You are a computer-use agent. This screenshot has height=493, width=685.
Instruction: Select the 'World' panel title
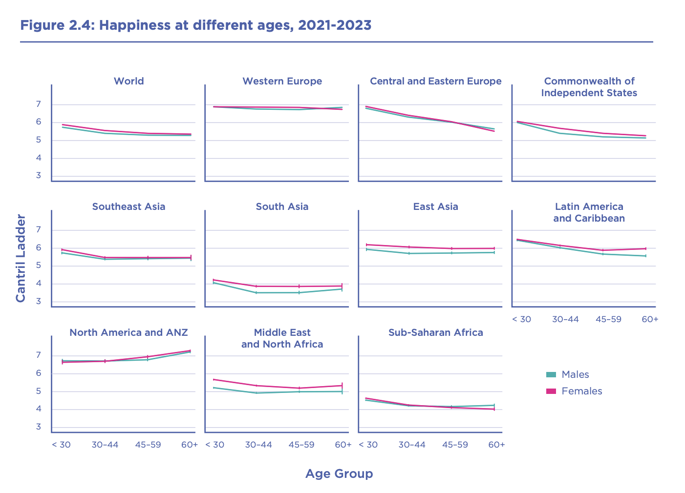[x=128, y=81]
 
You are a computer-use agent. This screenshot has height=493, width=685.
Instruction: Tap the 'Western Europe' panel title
[x=282, y=81]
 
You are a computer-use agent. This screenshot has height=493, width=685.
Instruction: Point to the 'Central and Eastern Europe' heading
[x=435, y=81]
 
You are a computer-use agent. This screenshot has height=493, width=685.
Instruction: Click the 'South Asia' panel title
[x=282, y=206]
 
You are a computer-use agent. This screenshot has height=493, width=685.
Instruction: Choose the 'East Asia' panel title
[x=435, y=206]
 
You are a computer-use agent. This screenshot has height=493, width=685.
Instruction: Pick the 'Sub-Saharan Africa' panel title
[x=435, y=332]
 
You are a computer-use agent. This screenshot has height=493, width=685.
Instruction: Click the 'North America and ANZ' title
[x=128, y=332]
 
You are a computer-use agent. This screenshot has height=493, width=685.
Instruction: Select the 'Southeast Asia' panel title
[x=128, y=206]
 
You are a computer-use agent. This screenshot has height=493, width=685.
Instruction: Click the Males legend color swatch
[x=551, y=374]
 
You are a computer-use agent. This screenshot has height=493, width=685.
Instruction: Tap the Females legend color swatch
[x=551, y=391]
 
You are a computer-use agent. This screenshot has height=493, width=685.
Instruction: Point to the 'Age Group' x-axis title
[x=339, y=473]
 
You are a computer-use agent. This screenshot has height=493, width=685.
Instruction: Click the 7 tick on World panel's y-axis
[x=38, y=104]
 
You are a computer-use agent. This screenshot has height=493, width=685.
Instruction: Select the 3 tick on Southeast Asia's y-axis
[x=38, y=302]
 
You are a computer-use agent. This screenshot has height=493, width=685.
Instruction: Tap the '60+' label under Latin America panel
[x=650, y=319]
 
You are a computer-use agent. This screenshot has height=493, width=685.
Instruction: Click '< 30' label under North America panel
[x=61, y=445]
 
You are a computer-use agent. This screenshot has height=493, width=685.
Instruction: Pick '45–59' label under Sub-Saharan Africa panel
[x=455, y=445]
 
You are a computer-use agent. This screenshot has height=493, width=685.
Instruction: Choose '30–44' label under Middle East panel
[x=258, y=445]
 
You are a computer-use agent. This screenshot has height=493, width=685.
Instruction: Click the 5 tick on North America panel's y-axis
[x=38, y=391]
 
